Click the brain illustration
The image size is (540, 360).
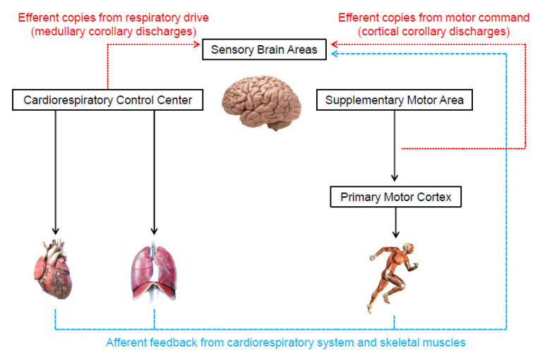[x=262, y=102]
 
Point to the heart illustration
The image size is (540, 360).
[x=53, y=269]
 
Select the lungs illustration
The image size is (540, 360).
[x=154, y=273]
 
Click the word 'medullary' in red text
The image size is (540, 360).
[x=59, y=32]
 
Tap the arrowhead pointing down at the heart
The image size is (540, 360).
[x=56, y=231]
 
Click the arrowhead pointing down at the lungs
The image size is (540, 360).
[x=154, y=231]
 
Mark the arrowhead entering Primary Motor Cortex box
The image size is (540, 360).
[x=395, y=178]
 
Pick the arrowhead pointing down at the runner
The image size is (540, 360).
[x=396, y=234]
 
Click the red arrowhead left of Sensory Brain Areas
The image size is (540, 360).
[x=197, y=44]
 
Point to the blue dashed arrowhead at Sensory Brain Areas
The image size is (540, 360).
[x=334, y=54]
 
